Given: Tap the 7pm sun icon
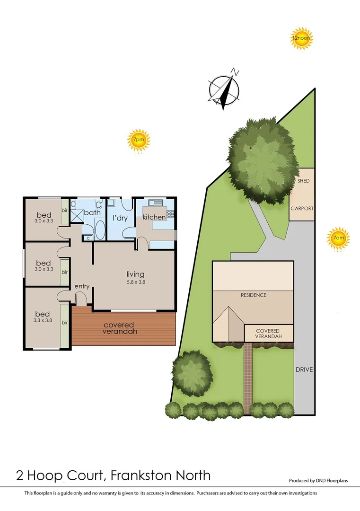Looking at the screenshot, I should tap(139, 140).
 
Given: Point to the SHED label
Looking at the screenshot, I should tap(303, 181).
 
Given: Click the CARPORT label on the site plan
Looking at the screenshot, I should tap(302, 208).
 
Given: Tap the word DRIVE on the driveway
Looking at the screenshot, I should tap(305, 370).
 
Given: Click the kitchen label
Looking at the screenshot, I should tap(154, 217).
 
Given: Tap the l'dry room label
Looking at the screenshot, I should tap(120, 218).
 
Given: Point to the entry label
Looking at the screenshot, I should tap(82, 286).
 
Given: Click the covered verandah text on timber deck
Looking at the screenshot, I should tap(119, 328).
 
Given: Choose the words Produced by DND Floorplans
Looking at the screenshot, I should tap(318, 481).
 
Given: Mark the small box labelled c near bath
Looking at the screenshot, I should tap(88, 238).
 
